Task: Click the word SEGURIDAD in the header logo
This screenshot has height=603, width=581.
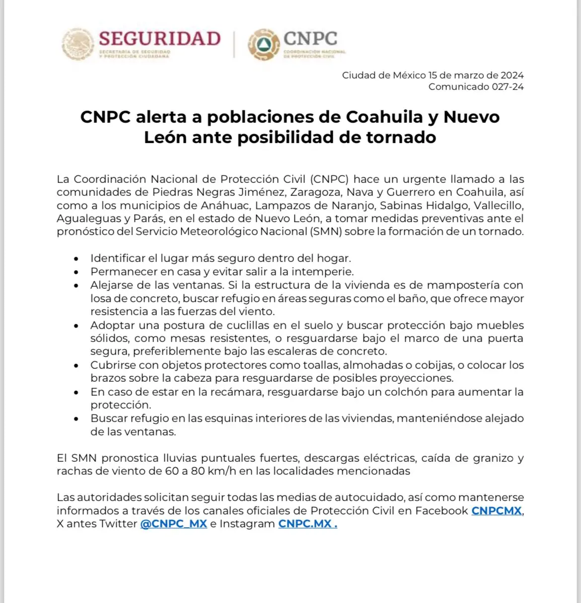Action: pyautogui.click(x=159, y=39)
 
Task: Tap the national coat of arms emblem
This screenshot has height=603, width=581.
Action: pyautogui.click(x=78, y=44)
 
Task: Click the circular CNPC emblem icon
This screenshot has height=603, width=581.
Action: pyautogui.click(x=263, y=45)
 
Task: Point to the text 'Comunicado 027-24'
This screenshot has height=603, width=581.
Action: pyautogui.click(x=476, y=87)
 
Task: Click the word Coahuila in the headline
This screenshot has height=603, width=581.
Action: pyautogui.click(x=392, y=117)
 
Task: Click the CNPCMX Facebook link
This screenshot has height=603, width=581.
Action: pyautogui.click(x=497, y=511)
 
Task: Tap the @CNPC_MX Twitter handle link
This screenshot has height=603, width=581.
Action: pyautogui.click(x=173, y=524)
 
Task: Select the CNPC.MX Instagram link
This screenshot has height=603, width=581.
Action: pyautogui.click(x=307, y=524)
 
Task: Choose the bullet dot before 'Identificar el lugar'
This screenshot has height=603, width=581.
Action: pyautogui.click(x=75, y=259)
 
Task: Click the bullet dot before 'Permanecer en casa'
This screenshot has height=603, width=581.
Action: pyautogui.click(x=75, y=272)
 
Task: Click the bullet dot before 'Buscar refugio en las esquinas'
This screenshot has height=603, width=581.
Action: pyautogui.click(x=75, y=419)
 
